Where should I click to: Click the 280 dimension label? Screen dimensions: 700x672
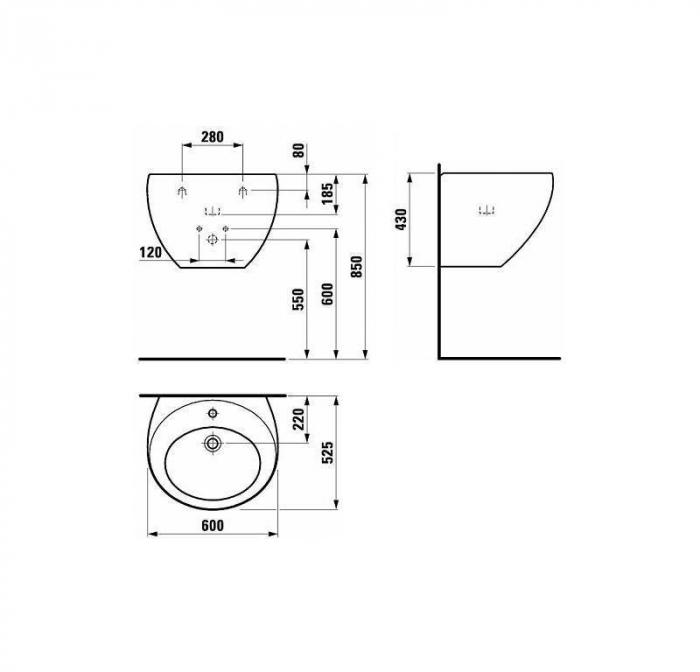(x=212, y=136)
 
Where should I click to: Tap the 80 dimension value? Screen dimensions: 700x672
(x=299, y=150)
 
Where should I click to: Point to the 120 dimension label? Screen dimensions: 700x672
(x=150, y=253)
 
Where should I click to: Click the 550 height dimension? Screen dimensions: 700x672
(x=299, y=300)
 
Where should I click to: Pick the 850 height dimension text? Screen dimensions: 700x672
(x=358, y=267)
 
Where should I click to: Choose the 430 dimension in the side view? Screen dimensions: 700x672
(x=402, y=219)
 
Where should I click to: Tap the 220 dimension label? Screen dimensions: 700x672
(x=299, y=419)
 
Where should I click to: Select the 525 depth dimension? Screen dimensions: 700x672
(x=328, y=453)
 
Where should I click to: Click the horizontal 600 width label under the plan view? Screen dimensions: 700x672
(x=212, y=526)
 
